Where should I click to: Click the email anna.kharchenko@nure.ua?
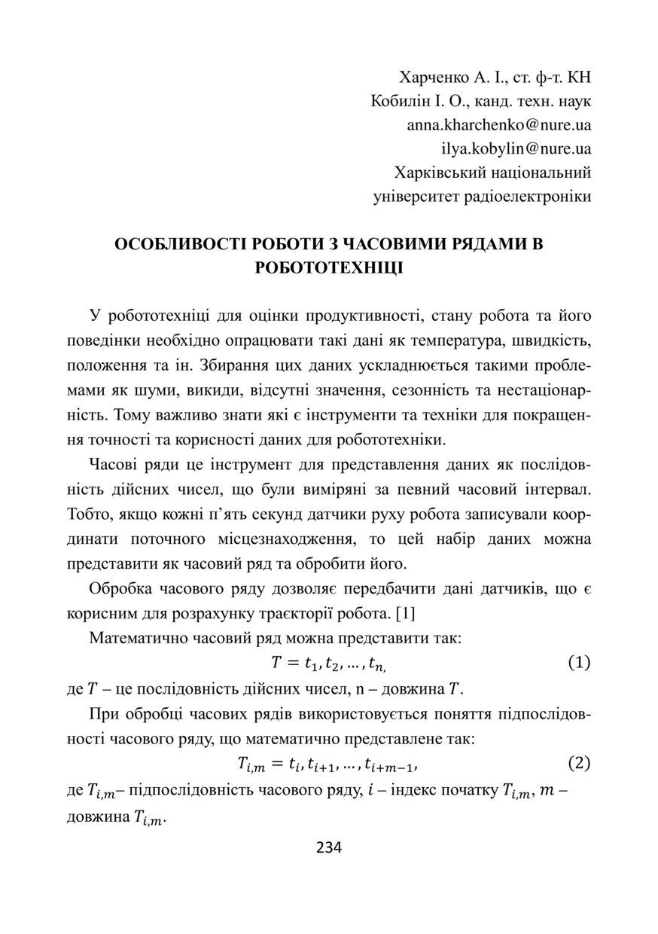[498, 125]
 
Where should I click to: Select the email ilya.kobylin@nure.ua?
[516, 149]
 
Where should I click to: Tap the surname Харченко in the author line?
[434, 77]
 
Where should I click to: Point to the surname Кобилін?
[402, 101]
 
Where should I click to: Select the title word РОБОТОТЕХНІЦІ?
[329, 268]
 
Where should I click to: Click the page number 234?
[329, 847]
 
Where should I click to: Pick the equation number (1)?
[578, 663]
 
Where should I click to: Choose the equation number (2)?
[578, 763]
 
